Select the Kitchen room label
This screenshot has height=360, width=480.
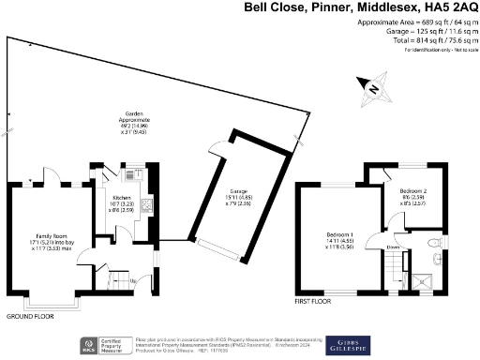coord(123,198)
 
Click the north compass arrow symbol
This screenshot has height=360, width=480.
coord(373,87)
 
